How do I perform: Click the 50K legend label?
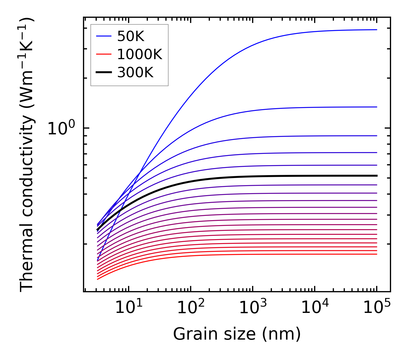pos(130,36)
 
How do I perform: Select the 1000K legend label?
pos(140,54)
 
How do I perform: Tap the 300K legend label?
pos(135,73)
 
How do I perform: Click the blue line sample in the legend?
pos(103,36)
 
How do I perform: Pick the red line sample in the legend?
pos(103,54)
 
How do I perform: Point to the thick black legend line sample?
pos(103,73)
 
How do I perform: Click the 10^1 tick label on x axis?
pos(129,307)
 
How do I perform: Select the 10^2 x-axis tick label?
pos(191,307)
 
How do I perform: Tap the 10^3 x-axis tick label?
pos(253,307)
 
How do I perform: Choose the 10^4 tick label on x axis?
pos(315,307)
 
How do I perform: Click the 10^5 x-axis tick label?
pos(377,307)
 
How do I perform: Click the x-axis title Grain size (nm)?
pos(237,334)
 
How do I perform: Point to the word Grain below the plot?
pos(190,334)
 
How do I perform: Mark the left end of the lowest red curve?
pos(98,279)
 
